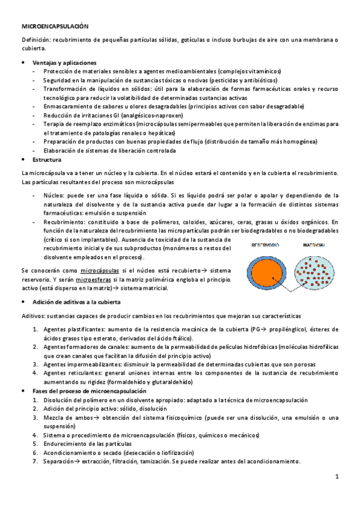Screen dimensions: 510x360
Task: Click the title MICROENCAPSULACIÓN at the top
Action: point(55,27)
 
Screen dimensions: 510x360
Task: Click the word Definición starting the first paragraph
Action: point(35,40)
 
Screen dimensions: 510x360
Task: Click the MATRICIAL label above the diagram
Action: point(314,245)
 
